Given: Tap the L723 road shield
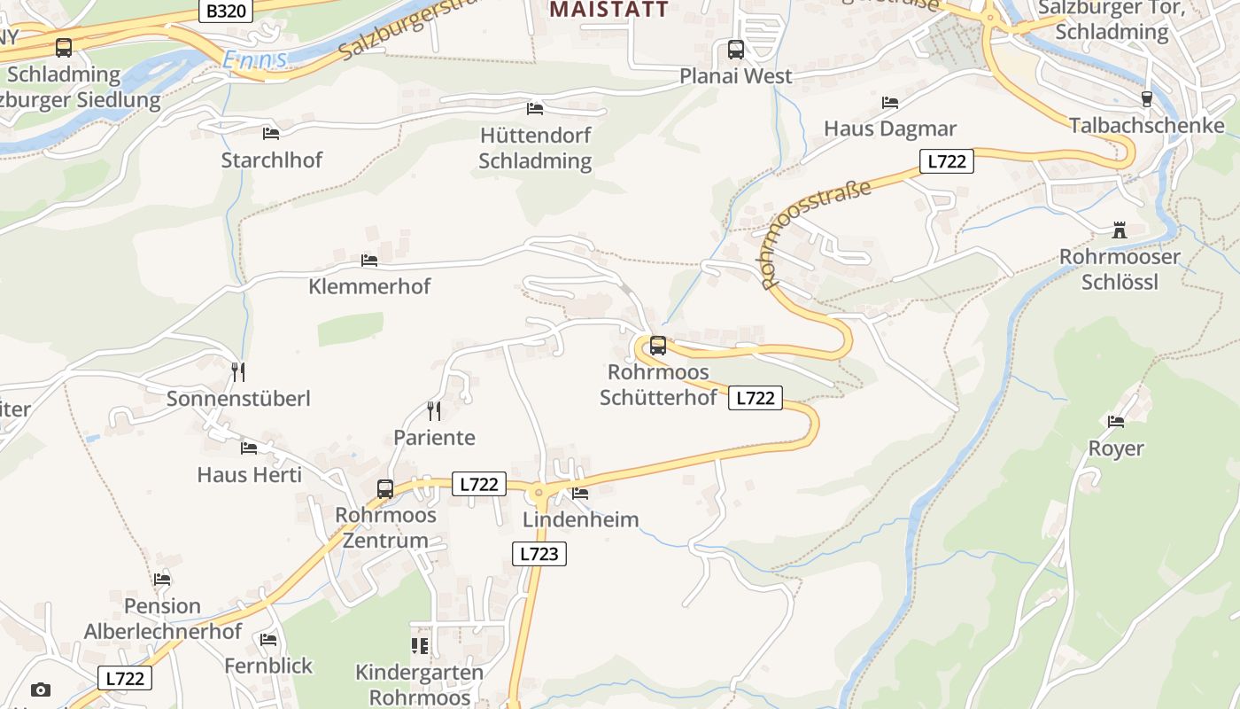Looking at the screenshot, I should pyautogui.click(x=539, y=554).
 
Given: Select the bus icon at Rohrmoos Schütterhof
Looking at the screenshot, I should pyautogui.click(x=657, y=346).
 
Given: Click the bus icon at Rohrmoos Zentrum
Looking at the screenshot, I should pyautogui.click(x=385, y=488).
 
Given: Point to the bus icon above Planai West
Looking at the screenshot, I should pyautogui.click(x=736, y=49).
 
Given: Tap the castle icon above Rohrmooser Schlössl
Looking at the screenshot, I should pyautogui.click(x=1120, y=230).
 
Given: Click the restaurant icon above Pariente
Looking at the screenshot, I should pyautogui.click(x=434, y=410).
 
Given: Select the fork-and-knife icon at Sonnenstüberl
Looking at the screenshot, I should pyautogui.click(x=237, y=371).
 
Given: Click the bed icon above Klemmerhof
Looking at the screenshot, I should pyautogui.click(x=369, y=261).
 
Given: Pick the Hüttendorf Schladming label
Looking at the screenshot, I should pyautogui.click(x=535, y=149).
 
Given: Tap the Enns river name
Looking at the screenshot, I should pyautogui.click(x=255, y=59).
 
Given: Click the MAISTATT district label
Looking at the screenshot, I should pyautogui.click(x=608, y=10).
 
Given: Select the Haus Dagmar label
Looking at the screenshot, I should pyautogui.click(x=890, y=129).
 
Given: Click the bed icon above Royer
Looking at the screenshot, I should pyautogui.click(x=1116, y=422).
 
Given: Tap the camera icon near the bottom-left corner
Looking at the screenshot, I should pyautogui.click(x=40, y=690).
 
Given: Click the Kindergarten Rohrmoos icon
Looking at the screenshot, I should pyautogui.click(x=420, y=645).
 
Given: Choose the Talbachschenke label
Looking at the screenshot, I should pyautogui.click(x=1146, y=125).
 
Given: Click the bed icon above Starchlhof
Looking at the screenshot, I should pyautogui.click(x=271, y=134).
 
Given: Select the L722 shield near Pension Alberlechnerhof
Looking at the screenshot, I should pyautogui.click(x=124, y=678).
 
